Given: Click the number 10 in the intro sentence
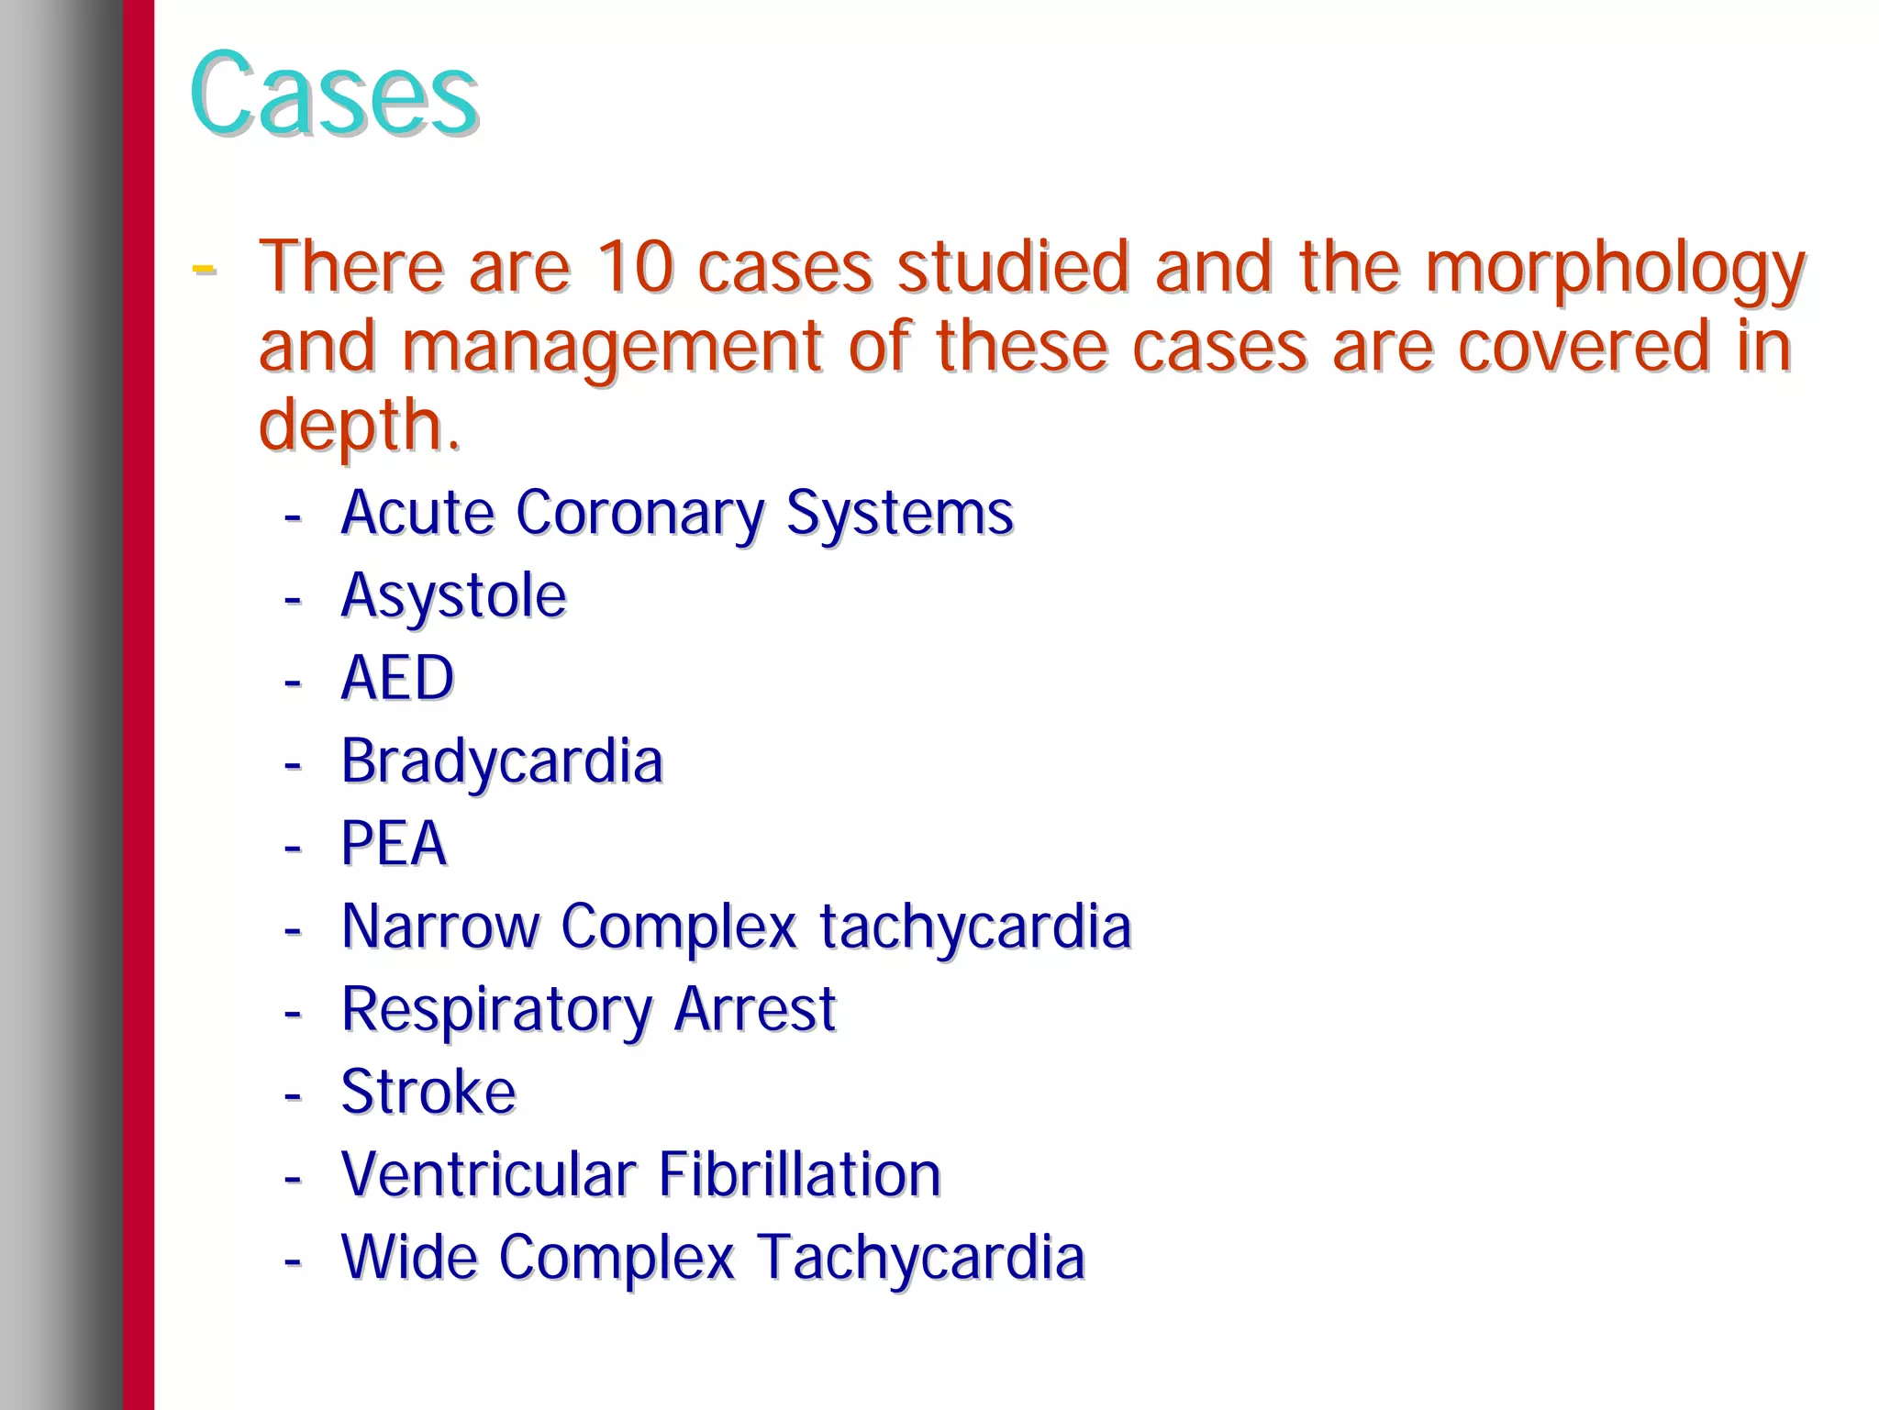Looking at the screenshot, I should pos(635,267).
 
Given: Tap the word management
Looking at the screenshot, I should pos(611,348).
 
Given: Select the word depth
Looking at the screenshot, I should pos(358,427).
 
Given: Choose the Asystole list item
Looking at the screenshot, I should pos(453,596).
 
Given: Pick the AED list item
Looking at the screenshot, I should pos(397,678).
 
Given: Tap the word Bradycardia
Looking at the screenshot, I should pos(501,761).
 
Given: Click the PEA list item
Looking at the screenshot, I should pos(394,843).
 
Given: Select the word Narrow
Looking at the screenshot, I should pos(440,926).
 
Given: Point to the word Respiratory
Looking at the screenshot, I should pos(496,1010).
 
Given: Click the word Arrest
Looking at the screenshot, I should pos(755,1008).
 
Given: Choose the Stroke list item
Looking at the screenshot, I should pos(428,1092).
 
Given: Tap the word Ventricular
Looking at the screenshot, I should pos(489,1174).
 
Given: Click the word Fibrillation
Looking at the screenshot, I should pos(799,1174).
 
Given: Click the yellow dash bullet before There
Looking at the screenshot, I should pos(204,269).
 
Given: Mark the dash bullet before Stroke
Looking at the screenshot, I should pos(293,1094).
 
